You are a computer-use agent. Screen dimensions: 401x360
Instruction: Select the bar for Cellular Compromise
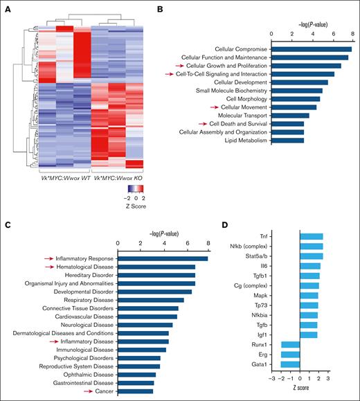pyautogui.click(x=312, y=48)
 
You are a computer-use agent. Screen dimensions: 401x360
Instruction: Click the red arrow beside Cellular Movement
pyautogui.click(x=215, y=107)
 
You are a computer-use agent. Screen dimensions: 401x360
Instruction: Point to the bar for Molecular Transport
pyautogui.click(x=291, y=116)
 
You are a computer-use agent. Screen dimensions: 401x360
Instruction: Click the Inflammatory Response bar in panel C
pyautogui.click(x=163, y=258)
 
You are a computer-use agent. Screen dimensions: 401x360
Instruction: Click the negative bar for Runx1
pyautogui.click(x=290, y=344)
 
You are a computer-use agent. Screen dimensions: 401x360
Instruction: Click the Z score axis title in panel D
pyautogui.click(x=300, y=389)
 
